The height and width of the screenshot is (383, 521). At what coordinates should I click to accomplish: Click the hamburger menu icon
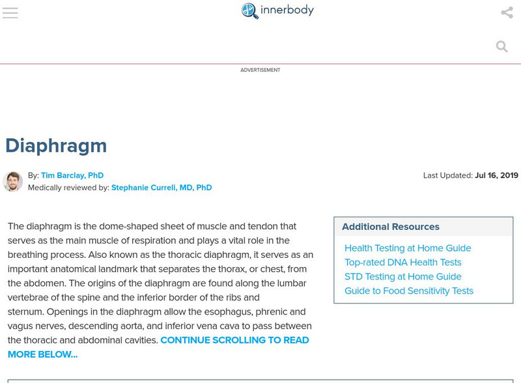pyautogui.click(x=10, y=13)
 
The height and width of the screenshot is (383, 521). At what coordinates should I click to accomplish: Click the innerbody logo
pyautogui.click(x=277, y=10)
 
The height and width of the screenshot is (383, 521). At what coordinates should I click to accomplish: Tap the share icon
pyautogui.click(x=507, y=12)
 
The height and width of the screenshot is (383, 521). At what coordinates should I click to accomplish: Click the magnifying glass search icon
pyautogui.click(x=501, y=46)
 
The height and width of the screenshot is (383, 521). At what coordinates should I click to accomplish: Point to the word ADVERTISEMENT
pyautogui.click(x=260, y=70)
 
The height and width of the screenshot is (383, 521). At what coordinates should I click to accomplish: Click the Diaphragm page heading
pyautogui.click(x=56, y=145)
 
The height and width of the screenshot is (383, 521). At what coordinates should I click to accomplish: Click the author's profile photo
pyautogui.click(x=12, y=181)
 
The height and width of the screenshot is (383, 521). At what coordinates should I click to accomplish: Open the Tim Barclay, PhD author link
pyautogui.click(x=72, y=175)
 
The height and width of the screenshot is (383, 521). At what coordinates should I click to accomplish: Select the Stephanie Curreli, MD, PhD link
pyautogui.click(x=161, y=188)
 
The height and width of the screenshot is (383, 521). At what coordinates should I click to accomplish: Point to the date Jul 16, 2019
pyautogui.click(x=496, y=175)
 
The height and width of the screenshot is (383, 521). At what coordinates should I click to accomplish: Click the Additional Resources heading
pyautogui.click(x=390, y=227)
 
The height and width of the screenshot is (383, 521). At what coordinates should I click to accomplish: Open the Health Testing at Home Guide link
pyautogui.click(x=407, y=248)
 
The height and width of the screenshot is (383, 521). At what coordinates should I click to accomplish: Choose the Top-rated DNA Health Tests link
pyautogui.click(x=402, y=262)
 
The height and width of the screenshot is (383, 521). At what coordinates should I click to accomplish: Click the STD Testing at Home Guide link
pyautogui.click(x=402, y=277)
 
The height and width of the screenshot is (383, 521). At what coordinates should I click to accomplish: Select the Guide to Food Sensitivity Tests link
pyautogui.click(x=408, y=291)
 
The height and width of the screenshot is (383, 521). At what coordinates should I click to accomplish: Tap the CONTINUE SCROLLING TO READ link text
pyautogui.click(x=234, y=340)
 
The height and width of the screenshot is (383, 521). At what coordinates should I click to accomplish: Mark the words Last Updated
pyautogui.click(x=447, y=175)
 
